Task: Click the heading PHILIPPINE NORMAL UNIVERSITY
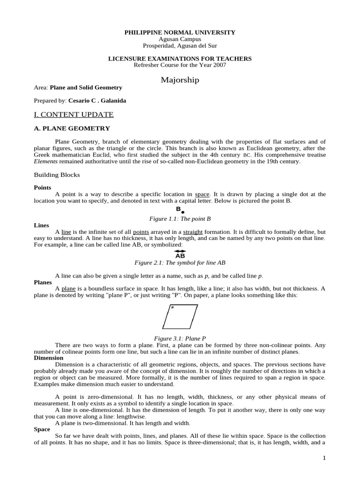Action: click(x=180, y=32)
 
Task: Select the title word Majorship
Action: click(x=180, y=80)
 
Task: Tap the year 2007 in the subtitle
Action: click(x=219, y=65)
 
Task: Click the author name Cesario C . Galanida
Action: click(x=97, y=100)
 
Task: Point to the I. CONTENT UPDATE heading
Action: click(x=74, y=114)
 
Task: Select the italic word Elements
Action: click(x=45, y=161)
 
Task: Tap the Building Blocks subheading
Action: click(x=57, y=175)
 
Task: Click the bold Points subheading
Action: click(x=42, y=187)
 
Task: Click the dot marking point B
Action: click(x=183, y=212)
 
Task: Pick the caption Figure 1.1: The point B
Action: click(x=180, y=218)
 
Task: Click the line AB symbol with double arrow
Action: click(x=180, y=254)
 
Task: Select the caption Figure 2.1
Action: click(x=180, y=263)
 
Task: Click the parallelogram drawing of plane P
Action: click(x=180, y=317)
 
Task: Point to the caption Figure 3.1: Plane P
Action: click(x=180, y=338)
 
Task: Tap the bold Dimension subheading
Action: click(x=48, y=358)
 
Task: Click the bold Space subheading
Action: click(x=42, y=429)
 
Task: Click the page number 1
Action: click(x=324, y=458)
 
